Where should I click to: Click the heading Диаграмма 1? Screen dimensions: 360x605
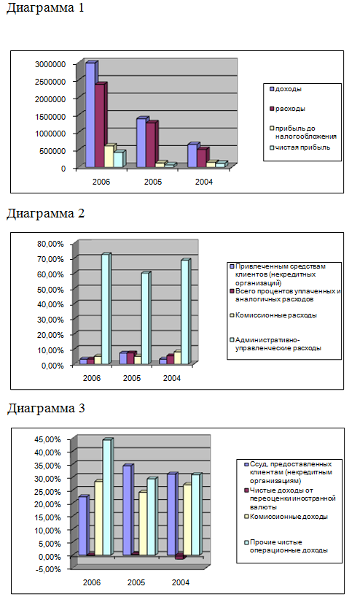(x=45, y=8)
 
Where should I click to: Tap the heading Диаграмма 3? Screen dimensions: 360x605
(x=46, y=408)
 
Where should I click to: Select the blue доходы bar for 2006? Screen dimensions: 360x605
(x=90, y=115)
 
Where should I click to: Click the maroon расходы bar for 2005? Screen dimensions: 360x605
(x=151, y=144)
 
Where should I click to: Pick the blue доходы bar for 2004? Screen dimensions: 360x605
(x=192, y=155)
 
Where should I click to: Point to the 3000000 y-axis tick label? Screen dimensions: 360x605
(x=50, y=64)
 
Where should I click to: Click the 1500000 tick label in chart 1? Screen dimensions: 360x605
(x=50, y=116)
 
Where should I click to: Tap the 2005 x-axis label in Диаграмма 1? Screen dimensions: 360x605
(x=152, y=182)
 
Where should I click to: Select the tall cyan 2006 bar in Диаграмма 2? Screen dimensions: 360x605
(x=106, y=309)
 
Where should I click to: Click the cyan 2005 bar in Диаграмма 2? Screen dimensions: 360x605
(x=145, y=318)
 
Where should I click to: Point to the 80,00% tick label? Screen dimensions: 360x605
(x=50, y=244)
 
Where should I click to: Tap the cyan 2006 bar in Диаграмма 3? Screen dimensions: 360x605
(x=107, y=497)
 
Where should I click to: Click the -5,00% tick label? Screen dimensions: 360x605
(x=48, y=569)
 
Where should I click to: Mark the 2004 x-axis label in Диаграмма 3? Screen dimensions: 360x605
(x=181, y=582)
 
